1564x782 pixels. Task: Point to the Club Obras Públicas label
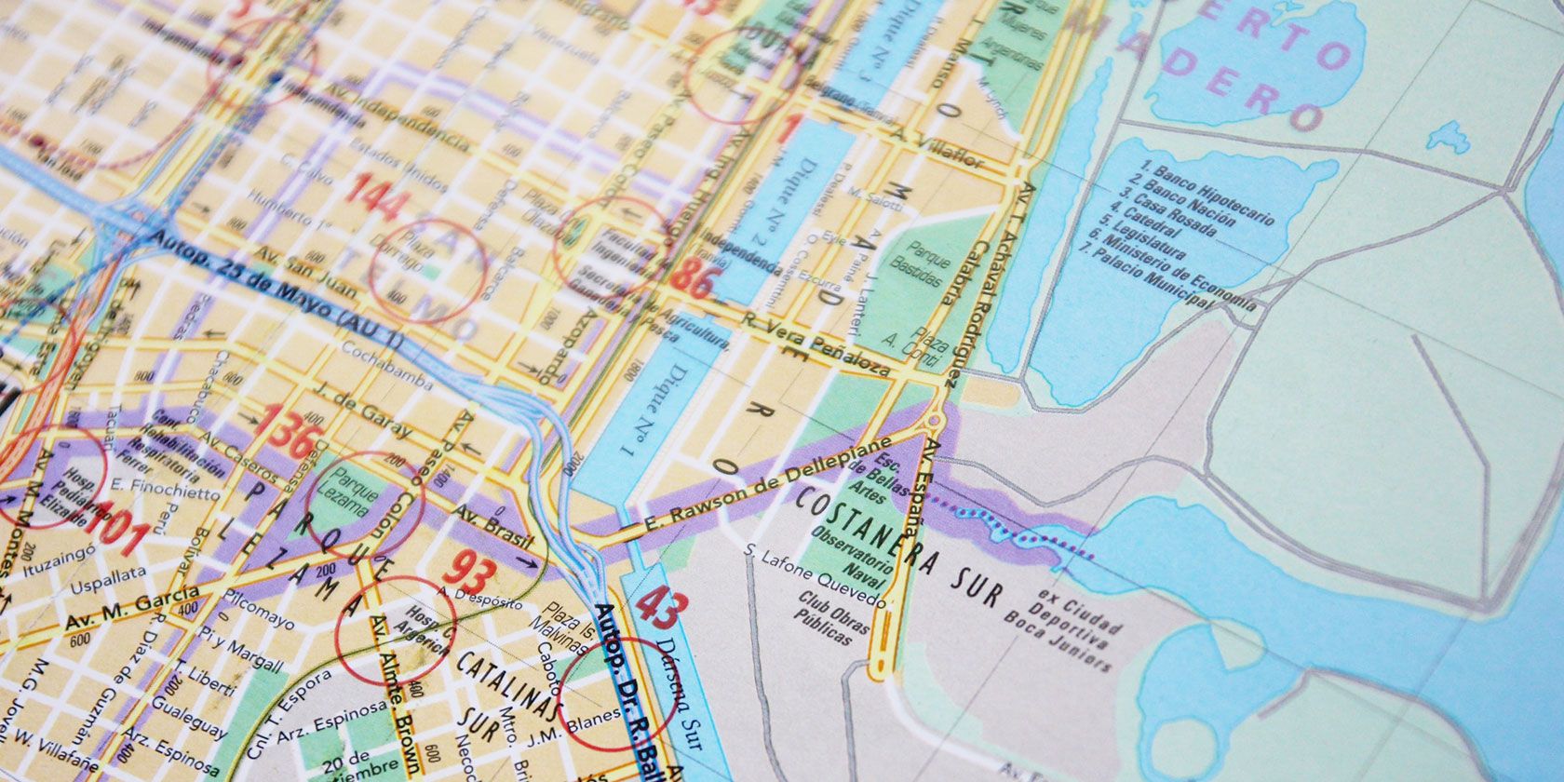pos(824,618)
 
